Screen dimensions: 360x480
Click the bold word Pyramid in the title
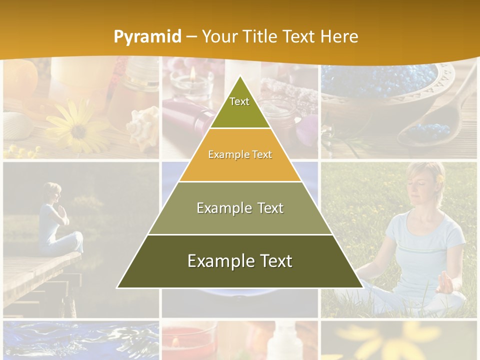(147, 36)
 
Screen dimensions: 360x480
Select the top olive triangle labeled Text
(239, 107)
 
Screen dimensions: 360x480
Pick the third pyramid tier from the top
(240, 208)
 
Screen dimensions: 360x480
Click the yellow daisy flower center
(78, 131)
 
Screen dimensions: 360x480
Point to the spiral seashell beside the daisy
(142, 128)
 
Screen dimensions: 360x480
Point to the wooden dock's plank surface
(35, 275)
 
